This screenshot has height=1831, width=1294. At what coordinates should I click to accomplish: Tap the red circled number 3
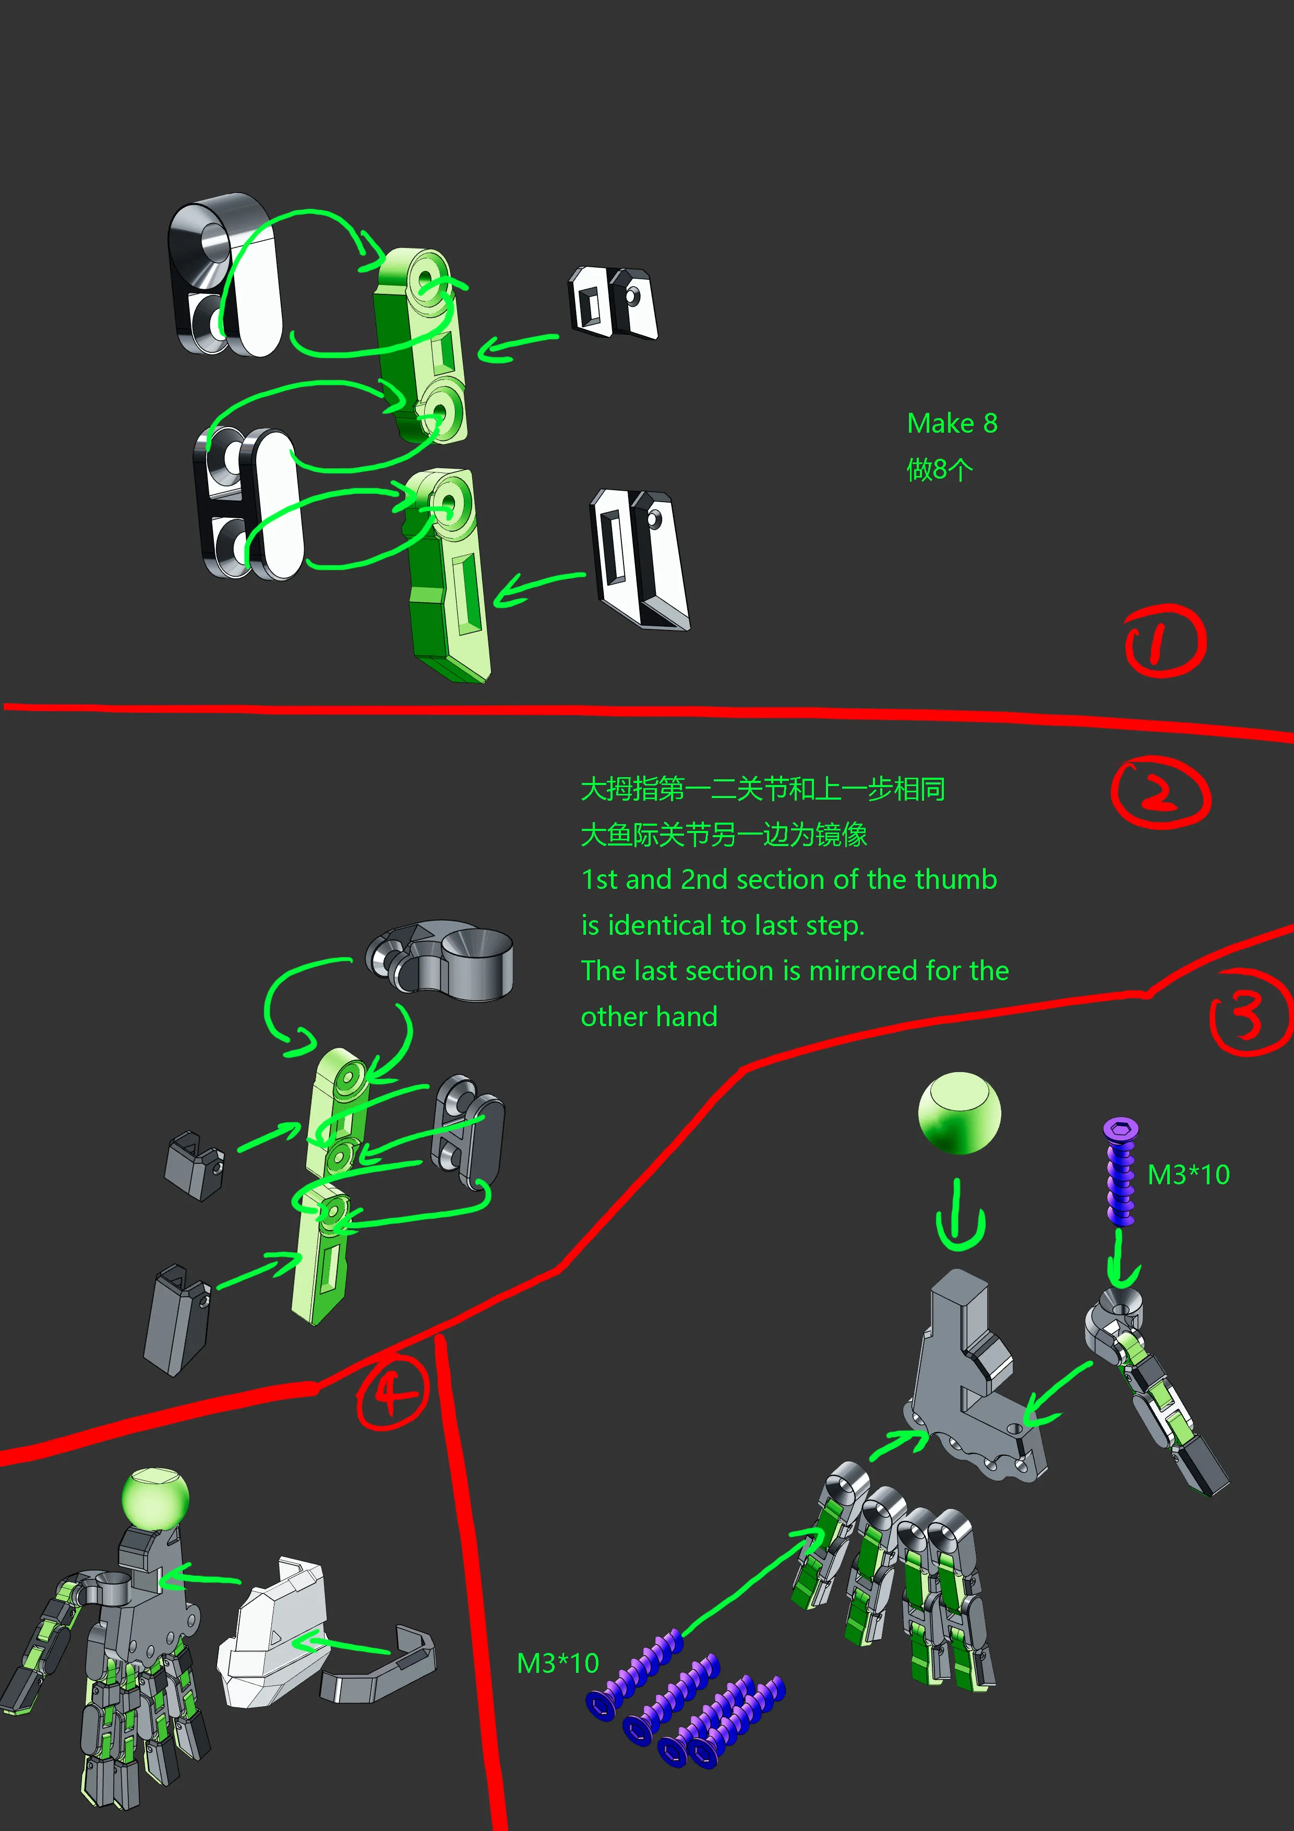[1250, 1012]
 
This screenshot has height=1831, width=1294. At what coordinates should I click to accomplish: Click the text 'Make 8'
[952, 423]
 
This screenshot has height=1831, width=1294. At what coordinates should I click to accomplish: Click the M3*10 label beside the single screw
[1188, 1175]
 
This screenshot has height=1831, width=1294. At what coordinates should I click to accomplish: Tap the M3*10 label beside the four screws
[557, 1663]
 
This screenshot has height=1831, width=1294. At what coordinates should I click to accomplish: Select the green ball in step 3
[959, 1112]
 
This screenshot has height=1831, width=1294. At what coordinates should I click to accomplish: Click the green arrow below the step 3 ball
[960, 1223]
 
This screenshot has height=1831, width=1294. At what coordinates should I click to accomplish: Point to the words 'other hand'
[649, 1017]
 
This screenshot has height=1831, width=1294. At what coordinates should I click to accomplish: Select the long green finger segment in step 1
[447, 576]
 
